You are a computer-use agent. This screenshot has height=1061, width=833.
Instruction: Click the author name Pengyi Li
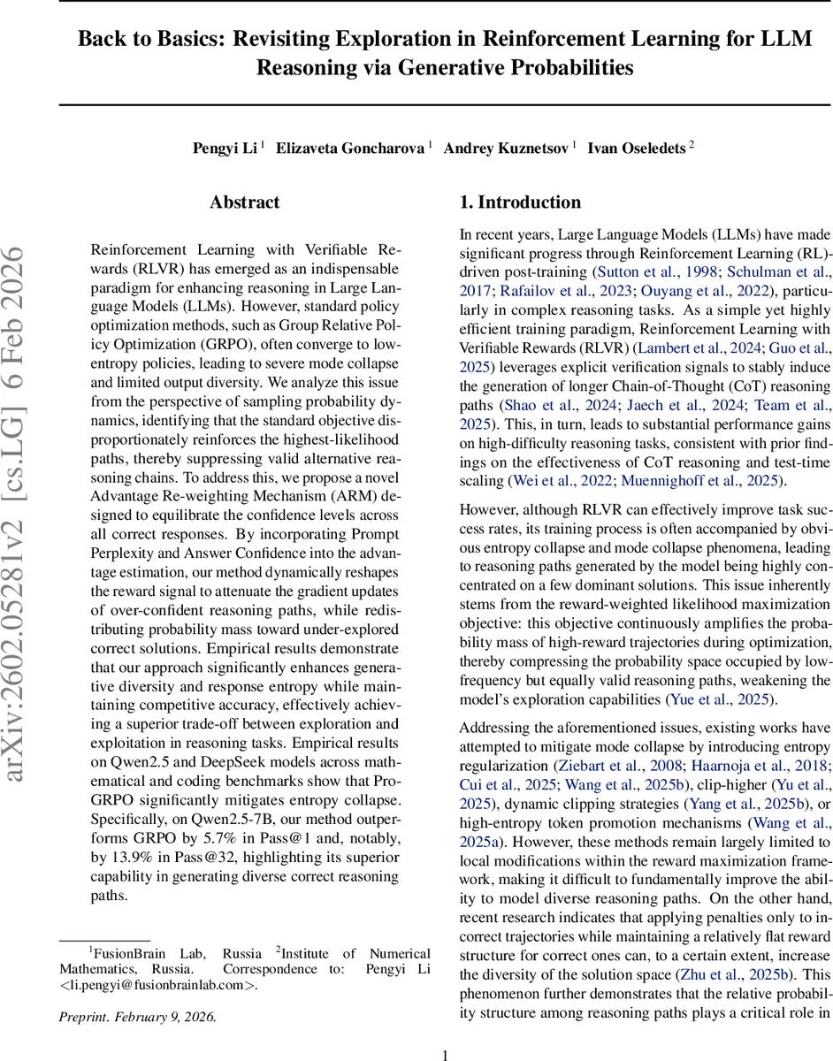coord(225,149)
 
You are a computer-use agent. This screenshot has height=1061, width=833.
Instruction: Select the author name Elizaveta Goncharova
coord(351,149)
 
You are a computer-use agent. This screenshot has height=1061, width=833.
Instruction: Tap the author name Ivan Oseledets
coord(637,149)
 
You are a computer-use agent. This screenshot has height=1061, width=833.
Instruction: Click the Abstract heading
coord(245,202)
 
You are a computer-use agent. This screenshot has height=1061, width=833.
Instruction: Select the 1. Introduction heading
coord(521,202)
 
